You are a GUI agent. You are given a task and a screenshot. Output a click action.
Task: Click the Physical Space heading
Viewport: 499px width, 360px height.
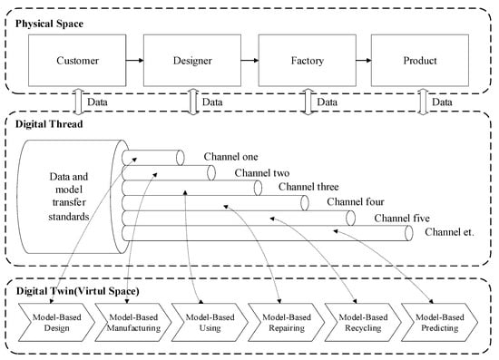pos(51,16)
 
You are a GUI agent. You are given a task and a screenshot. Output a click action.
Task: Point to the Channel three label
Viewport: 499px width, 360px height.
pos(308,187)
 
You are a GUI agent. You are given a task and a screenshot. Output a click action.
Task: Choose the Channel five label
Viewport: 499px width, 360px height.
pos(403,219)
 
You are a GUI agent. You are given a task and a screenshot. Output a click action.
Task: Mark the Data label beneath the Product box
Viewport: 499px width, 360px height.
pos(442,102)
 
